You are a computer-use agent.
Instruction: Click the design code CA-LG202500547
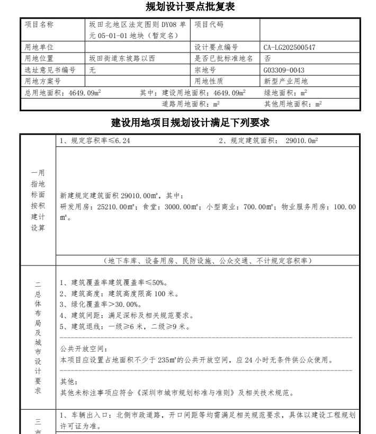click(x=289, y=48)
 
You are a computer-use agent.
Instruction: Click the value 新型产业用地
click(x=285, y=81)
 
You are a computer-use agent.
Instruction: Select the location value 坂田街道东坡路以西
click(x=122, y=59)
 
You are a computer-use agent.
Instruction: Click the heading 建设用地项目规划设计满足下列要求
click(x=191, y=123)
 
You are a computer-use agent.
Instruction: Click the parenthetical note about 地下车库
click(x=209, y=260)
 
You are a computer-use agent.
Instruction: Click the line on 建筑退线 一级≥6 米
click(x=123, y=327)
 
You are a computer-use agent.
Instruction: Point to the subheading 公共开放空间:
click(x=77, y=349)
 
